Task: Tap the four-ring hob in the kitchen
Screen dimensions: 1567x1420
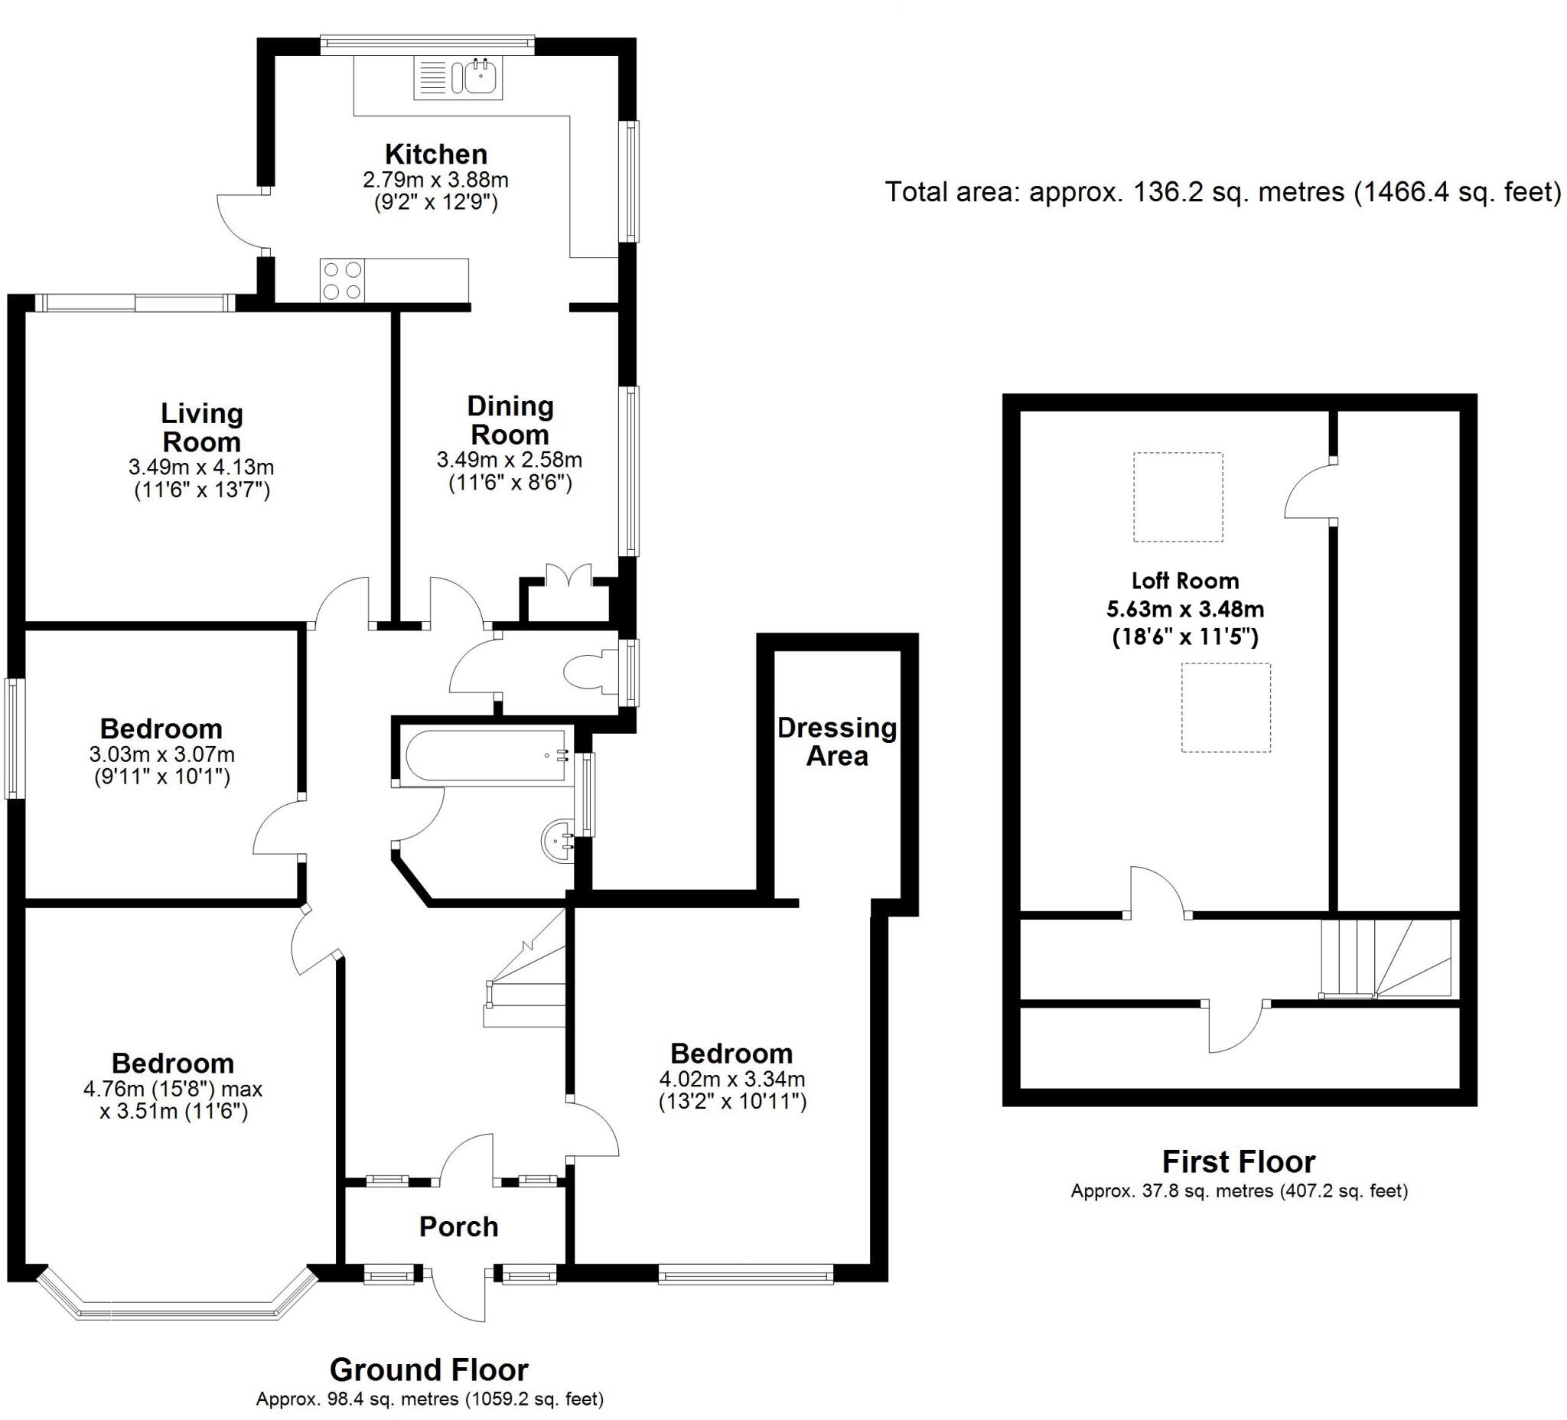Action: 343,281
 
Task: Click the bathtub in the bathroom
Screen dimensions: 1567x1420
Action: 487,754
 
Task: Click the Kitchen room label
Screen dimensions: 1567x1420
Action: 436,154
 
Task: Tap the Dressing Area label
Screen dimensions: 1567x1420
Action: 837,741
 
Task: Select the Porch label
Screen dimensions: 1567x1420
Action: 458,1226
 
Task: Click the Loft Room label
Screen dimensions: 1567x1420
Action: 1185,581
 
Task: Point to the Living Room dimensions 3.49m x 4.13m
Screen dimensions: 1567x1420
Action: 201,467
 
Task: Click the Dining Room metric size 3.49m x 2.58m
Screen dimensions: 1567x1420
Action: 510,459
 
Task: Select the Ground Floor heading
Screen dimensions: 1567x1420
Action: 429,1370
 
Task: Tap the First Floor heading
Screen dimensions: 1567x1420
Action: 1239,1162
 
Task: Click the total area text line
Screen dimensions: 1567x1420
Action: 1223,192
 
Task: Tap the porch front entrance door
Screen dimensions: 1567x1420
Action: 458,1294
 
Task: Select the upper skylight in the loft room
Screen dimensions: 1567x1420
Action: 1178,497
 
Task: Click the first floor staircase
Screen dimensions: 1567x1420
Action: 1386,959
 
